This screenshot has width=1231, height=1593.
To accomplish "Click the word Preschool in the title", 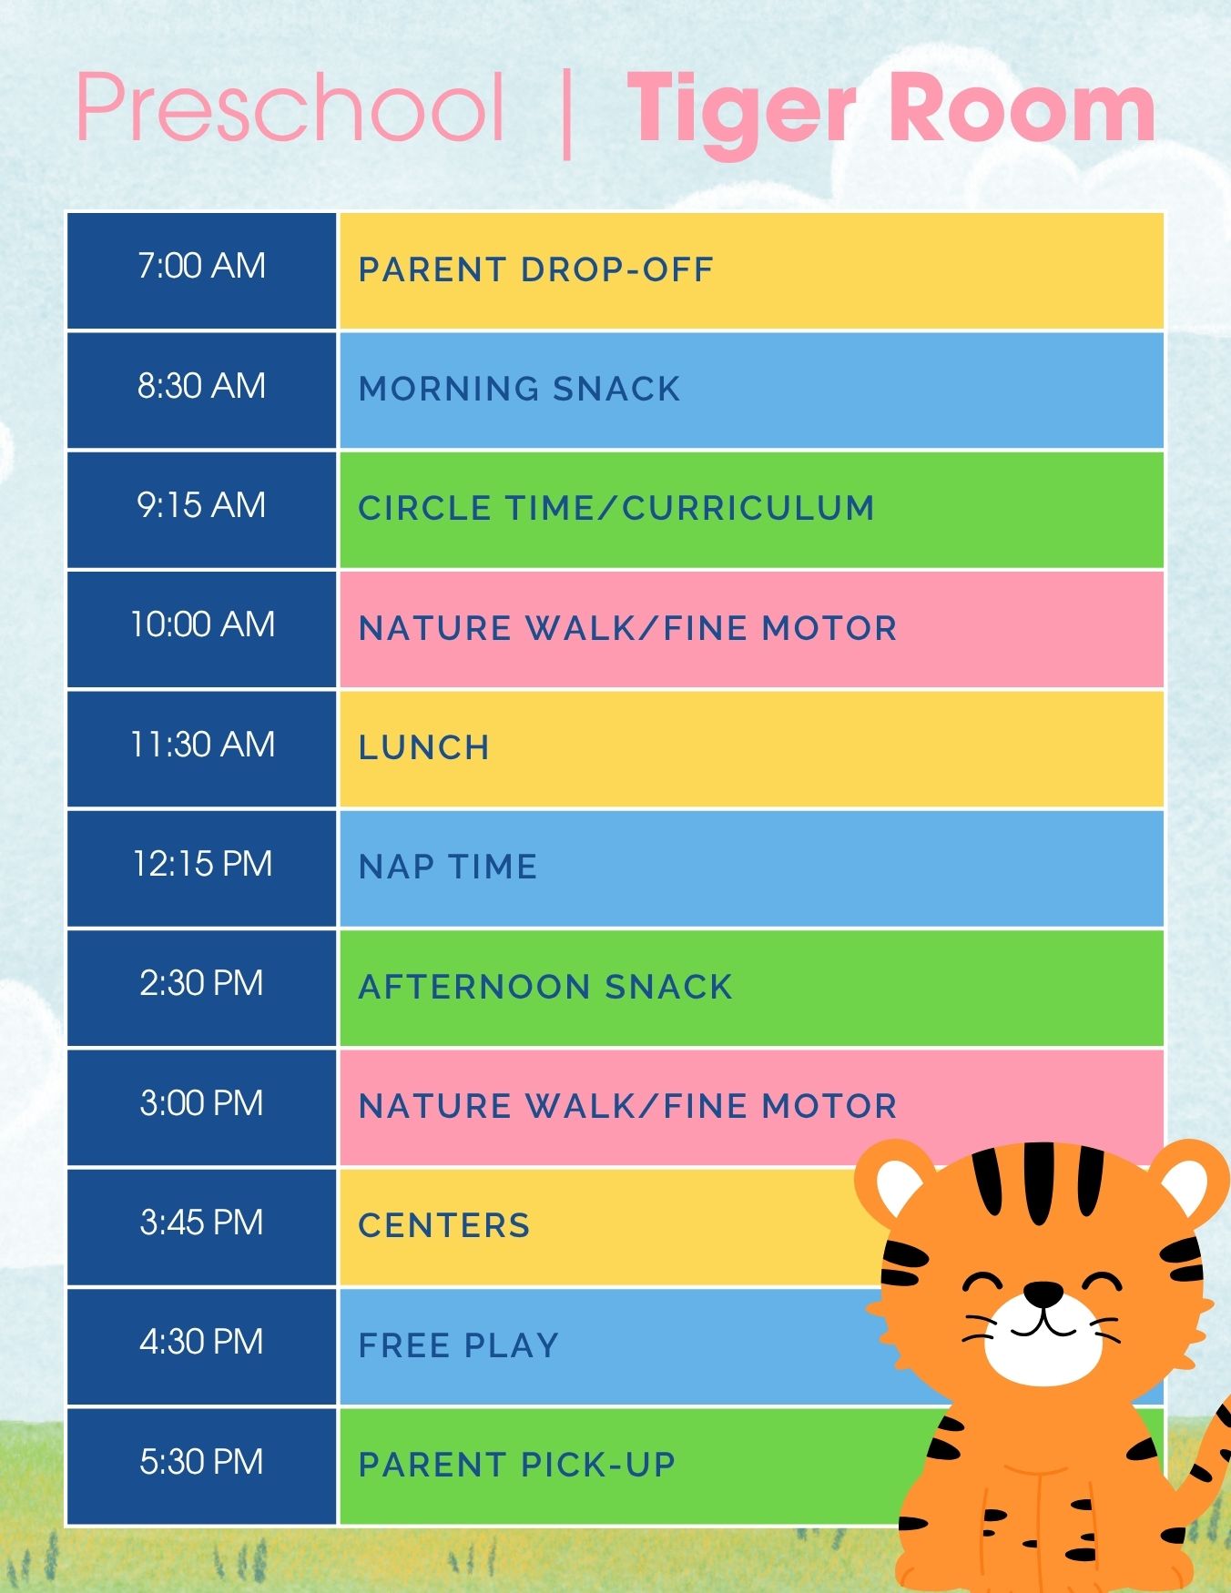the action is (290, 107).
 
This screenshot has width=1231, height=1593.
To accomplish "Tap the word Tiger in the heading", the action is (742, 113).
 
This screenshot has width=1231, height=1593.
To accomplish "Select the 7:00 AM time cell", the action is (201, 270).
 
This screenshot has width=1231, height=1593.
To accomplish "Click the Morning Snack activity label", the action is (519, 389).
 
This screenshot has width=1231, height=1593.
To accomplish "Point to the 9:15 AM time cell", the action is (201, 510).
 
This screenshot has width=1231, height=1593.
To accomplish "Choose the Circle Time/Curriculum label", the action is (616, 508).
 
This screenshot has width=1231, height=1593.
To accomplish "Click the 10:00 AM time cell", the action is (201, 629).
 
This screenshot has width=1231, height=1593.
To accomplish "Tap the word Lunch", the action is (423, 747).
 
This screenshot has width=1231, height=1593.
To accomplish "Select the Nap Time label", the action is (448, 867).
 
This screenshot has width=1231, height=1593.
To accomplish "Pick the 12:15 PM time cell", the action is (201, 868).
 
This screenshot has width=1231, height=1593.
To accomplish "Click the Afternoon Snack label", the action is (545, 987).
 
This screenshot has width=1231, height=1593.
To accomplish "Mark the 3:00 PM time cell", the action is (201, 1108).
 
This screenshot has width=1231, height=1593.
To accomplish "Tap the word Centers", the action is (444, 1225).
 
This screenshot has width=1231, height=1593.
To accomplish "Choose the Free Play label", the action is (458, 1345).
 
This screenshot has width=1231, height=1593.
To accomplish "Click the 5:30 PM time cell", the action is (201, 1466).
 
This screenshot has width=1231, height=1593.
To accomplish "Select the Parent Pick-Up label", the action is (516, 1465).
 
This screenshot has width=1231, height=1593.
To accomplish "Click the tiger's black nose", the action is (1043, 1293).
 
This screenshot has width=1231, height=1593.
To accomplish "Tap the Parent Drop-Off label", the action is (535, 269).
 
